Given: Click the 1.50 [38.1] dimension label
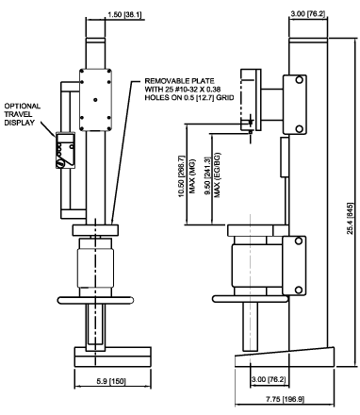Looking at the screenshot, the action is click(x=124, y=14).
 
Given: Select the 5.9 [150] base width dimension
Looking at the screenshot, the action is click(x=110, y=381).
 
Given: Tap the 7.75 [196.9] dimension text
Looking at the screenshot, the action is click(x=286, y=399).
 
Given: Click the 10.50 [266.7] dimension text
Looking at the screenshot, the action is click(x=182, y=176).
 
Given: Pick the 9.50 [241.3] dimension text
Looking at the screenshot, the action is click(x=207, y=176).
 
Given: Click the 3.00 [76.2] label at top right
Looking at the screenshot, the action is click(x=308, y=14).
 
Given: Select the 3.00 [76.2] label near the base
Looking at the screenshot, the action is click(x=269, y=379).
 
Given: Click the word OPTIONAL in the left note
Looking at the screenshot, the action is click(x=23, y=106).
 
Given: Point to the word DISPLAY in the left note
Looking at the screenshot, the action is click(x=20, y=123).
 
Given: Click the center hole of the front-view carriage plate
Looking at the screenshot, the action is click(x=95, y=100).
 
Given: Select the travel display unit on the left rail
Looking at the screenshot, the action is click(x=65, y=150).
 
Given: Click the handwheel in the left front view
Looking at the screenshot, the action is click(x=95, y=300).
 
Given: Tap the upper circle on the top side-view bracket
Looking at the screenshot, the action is click(x=299, y=80).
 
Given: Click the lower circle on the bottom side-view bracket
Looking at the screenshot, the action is click(x=299, y=290).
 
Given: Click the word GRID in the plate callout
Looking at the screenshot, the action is click(x=225, y=98).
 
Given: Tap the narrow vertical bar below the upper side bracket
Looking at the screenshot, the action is click(x=285, y=157).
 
